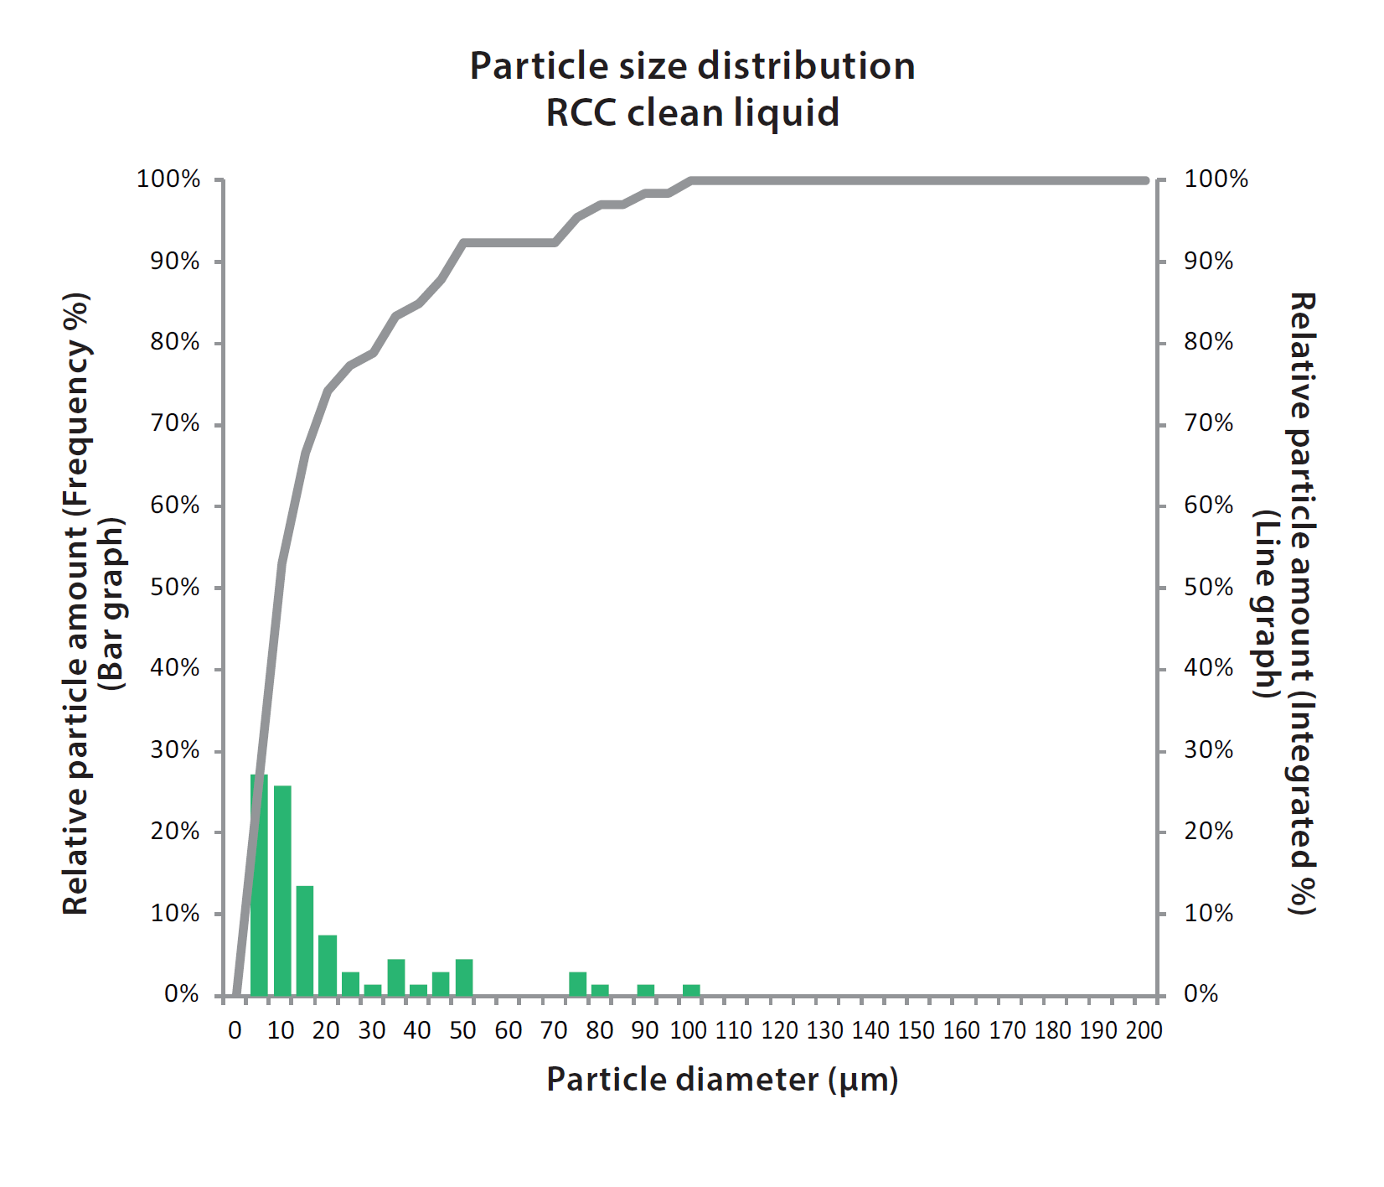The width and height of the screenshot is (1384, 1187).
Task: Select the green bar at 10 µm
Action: (x=282, y=891)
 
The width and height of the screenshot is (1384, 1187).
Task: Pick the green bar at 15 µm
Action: (x=305, y=941)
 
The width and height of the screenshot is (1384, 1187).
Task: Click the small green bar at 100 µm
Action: (x=691, y=991)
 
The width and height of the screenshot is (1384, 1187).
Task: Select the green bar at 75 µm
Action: (x=577, y=984)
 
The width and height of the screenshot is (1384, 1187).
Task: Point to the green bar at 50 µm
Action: (x=464, y=977)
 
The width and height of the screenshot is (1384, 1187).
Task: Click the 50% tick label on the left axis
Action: (x=175, y=587)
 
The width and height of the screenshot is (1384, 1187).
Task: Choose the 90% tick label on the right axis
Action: (x=1208, y=262)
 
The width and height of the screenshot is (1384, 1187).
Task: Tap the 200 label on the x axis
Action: (x=1144, y=1031)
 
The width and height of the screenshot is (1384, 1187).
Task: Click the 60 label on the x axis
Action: (x=509, y=1031)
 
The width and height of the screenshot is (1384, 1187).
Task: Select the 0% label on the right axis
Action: (x=1201, y=994)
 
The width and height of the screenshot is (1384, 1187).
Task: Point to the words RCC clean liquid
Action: (x=692, y=113)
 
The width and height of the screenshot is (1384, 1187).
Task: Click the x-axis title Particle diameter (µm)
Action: (x=722, y=1080)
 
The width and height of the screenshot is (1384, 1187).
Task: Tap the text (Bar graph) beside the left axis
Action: (x=111, y=604)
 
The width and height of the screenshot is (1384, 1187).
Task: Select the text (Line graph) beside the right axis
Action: (x=1266, y=604)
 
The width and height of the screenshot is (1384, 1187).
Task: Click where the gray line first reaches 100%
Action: (x=692, y=180)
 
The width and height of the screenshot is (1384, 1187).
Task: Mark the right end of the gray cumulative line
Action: (x=1145, y=180)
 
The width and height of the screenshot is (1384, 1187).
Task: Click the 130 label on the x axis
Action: (x=825, y=1031)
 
